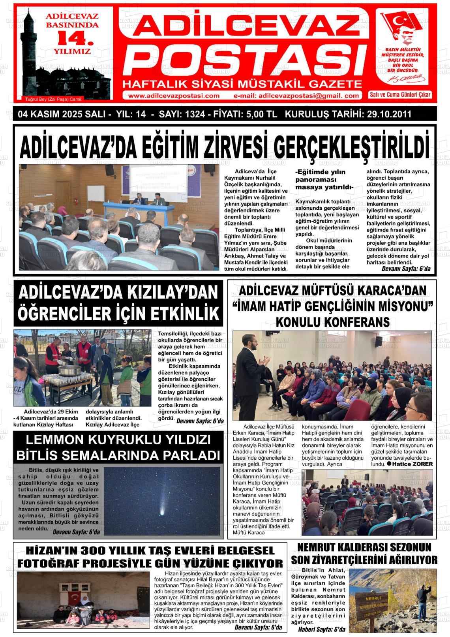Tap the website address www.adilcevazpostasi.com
click(x=174, y=96)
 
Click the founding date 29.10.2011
click(x=389, y=115)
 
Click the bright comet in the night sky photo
click(x=162, y=512)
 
